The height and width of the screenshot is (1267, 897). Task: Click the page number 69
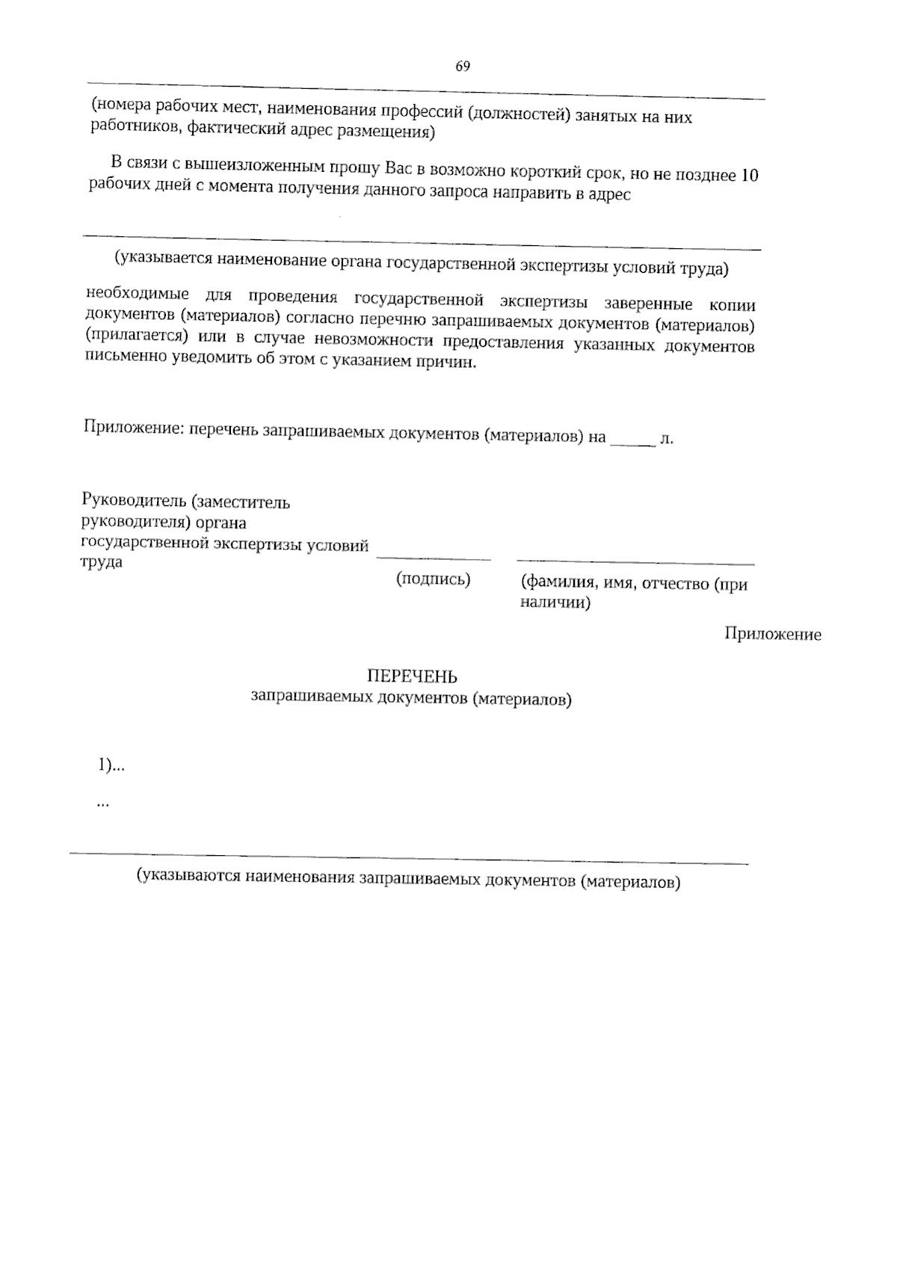(463, 67)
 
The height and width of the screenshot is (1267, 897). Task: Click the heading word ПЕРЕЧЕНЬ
(412, 676)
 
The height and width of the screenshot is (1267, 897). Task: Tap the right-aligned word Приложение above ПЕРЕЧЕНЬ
(773, 635)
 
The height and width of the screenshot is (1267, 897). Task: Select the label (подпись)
(433, 579)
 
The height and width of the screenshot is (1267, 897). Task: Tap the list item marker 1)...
(105, 765)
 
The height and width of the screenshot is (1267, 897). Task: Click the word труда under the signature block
(102, 562)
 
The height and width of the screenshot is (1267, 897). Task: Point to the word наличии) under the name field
(555, 602)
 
